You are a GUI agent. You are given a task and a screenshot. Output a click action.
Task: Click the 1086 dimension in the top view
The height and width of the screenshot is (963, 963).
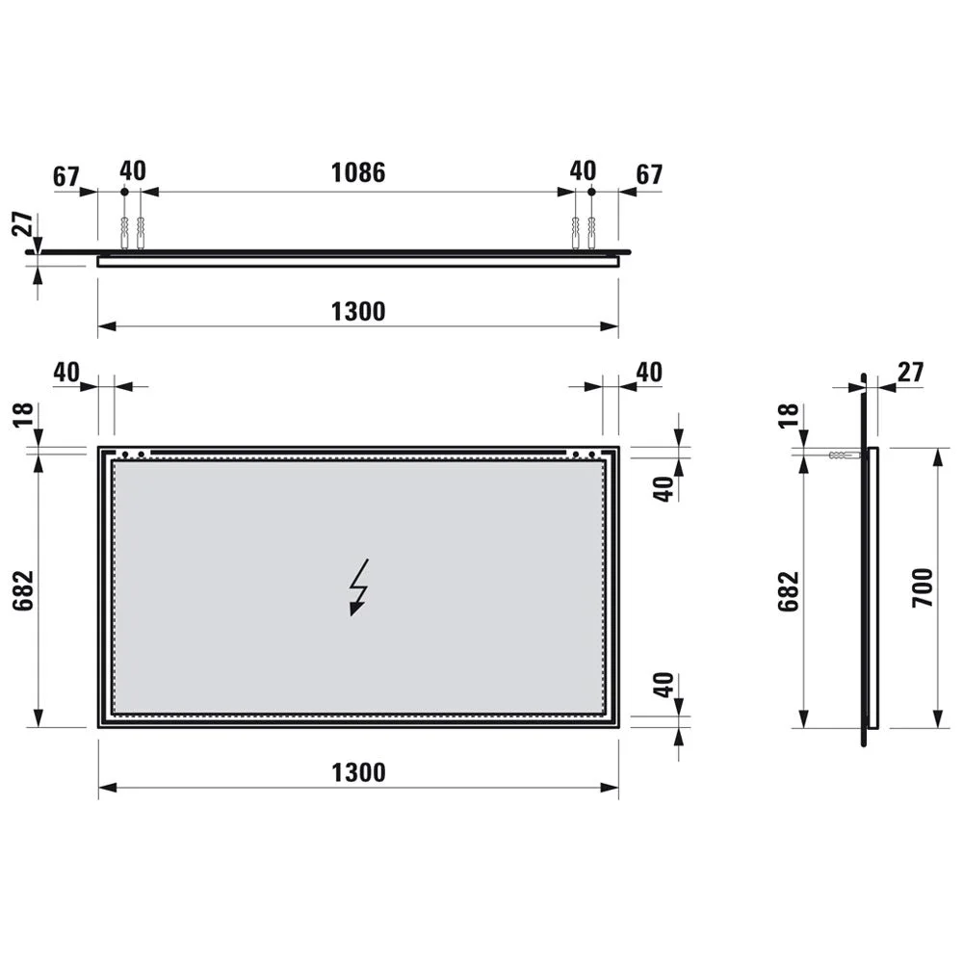pos(358,173)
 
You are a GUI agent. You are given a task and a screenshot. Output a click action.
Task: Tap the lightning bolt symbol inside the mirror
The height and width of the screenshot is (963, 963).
pos(358,587)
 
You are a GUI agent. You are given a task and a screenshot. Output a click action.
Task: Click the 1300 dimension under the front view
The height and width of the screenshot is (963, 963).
pos(358,772)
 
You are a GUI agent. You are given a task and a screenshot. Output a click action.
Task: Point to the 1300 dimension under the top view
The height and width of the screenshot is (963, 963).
pos(358,311)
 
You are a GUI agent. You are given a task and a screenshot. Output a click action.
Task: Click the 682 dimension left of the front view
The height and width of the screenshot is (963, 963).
pos(23,590)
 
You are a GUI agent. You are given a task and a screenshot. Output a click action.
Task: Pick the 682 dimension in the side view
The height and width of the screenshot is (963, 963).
pos(789,591)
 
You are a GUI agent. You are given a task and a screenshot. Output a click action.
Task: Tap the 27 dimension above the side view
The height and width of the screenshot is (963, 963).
pos(910,372)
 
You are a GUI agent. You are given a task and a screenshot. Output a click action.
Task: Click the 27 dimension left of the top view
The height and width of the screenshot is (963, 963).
pos(23,223)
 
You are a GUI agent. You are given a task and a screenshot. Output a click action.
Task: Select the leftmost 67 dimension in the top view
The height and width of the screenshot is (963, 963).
pos(66,176)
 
